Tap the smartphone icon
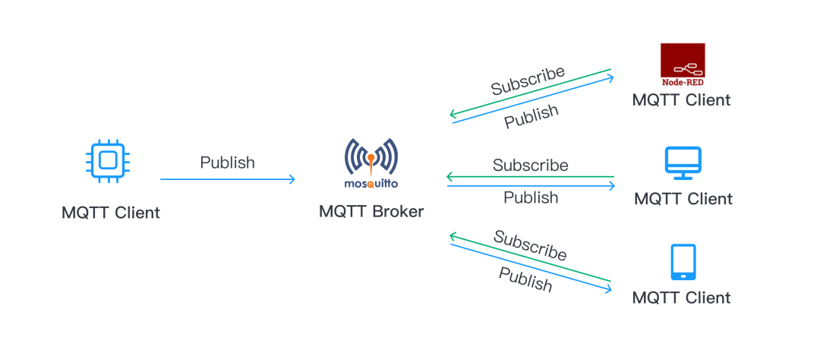682,262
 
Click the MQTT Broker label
371,211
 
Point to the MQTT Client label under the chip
111,213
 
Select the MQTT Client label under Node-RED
682,99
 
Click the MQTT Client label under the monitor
683,199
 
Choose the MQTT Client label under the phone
682,298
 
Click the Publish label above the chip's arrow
227,163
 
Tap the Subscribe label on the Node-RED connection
528,81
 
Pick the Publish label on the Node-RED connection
531,116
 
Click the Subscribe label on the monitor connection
530,165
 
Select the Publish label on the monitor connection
531,197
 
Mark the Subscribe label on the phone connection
530,245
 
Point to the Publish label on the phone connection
525,279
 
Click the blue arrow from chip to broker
227,180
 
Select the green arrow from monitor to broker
530,177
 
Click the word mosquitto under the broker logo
370,183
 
